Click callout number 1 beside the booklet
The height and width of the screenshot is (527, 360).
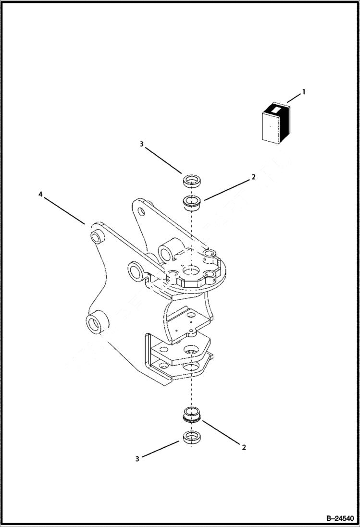click(303, 91)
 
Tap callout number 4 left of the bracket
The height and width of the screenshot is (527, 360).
click(41, 194)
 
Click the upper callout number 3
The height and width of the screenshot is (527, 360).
click(142, 144)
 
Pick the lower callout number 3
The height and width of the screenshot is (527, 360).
click(137, 459)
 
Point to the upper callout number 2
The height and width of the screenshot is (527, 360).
click(253, 177)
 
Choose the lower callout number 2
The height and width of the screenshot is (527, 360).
click(244, 447)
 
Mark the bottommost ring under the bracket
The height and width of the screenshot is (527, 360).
click(192, 438)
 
